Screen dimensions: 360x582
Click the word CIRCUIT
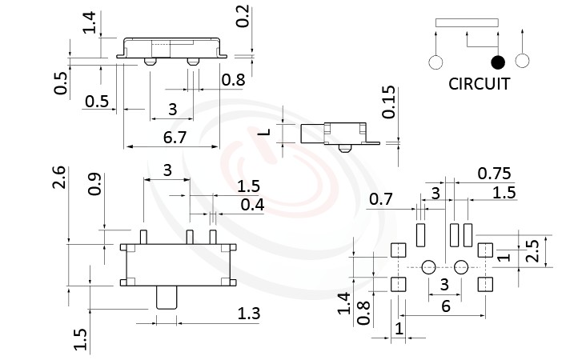click(479, 84)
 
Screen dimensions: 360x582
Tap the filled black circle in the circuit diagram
click(498, 62)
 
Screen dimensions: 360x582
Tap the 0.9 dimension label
click(94, 185)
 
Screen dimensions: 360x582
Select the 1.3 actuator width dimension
click(249, 314)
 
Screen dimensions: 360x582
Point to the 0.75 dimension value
click(494, 174)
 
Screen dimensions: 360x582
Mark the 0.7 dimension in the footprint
click(382, 198)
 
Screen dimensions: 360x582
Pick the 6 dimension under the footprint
click(445, 306)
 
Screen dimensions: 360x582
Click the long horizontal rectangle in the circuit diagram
click(466, 23)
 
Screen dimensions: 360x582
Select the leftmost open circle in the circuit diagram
click(436, 62)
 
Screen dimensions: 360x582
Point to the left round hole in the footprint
click(428, 266)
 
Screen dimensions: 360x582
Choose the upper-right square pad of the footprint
click(484, 250)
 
